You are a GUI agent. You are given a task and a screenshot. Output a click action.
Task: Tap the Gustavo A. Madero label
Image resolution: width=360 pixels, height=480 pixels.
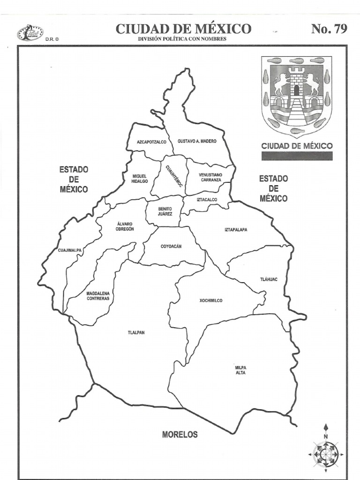pyautogui.click(x=197, y=141)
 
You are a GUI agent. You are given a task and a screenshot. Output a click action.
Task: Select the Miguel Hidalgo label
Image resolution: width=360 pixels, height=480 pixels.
pyautogui.click(x=139, y=179)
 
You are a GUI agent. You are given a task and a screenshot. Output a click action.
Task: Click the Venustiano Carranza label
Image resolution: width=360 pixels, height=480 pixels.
pyautogui.click(x=210, y=177)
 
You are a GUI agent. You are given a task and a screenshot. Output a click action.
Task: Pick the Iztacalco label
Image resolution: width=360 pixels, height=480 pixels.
pyautogui.click(x=207, y=200)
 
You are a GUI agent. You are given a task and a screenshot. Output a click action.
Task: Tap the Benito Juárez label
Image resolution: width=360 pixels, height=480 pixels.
pyautogui.click(x=165, y=211)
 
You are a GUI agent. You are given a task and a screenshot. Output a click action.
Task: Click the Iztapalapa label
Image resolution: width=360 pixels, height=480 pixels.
pyautogui.click(x=236, y=230)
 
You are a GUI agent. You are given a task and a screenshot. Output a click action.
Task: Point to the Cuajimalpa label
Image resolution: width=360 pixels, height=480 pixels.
pyautogui.click(x=70, y=250)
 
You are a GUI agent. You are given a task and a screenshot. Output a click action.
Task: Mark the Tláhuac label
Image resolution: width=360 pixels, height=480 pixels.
pyautogui.click(x=269, y=279)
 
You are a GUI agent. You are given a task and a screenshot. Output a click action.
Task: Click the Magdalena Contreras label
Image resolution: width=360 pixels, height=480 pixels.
pyautogui.click(x=98, y=296)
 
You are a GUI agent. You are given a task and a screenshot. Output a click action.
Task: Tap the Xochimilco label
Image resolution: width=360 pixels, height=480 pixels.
pyautogui.click(x=211, y=300)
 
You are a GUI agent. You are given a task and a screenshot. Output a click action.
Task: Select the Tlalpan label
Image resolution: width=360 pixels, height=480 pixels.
pyautogui.click(x=136, y=333)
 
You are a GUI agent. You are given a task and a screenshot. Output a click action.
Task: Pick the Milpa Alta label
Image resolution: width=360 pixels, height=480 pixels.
pyautogui.click(x=240, y=370)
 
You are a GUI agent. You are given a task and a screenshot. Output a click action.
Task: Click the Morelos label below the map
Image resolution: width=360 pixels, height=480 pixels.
pyautogui.click(x=180, y=435)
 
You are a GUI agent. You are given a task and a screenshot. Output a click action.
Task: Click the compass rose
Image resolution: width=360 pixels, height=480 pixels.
pyautogui.click(x=326, y=453)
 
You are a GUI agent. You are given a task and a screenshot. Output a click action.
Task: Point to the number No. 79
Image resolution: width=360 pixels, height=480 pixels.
pyautogui.click(x=329, y=29)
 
